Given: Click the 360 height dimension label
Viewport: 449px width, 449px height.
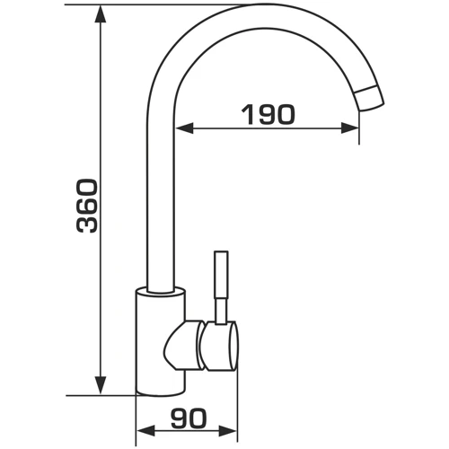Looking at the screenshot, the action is (x=87, y=206).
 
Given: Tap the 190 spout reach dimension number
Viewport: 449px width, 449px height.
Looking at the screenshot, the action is (x=268, y=114).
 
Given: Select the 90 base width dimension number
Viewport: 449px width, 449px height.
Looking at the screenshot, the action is (x=189, y=418).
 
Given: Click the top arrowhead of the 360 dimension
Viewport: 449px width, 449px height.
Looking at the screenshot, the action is (x=100, y=14).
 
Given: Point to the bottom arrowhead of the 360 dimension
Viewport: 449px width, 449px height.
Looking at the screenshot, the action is (x=100, y=386).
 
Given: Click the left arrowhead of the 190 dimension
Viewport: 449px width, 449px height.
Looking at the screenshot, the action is (x=185, y=128).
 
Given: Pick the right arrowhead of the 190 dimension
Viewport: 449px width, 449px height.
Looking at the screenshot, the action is (x=350, y=128).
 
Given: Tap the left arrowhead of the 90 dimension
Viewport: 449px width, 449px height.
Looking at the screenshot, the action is (x=145, y=431).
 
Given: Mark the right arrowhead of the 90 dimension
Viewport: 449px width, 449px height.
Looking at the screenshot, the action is (x=228, y=431).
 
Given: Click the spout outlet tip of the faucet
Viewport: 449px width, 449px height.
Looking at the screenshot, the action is (x=370, y=99).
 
